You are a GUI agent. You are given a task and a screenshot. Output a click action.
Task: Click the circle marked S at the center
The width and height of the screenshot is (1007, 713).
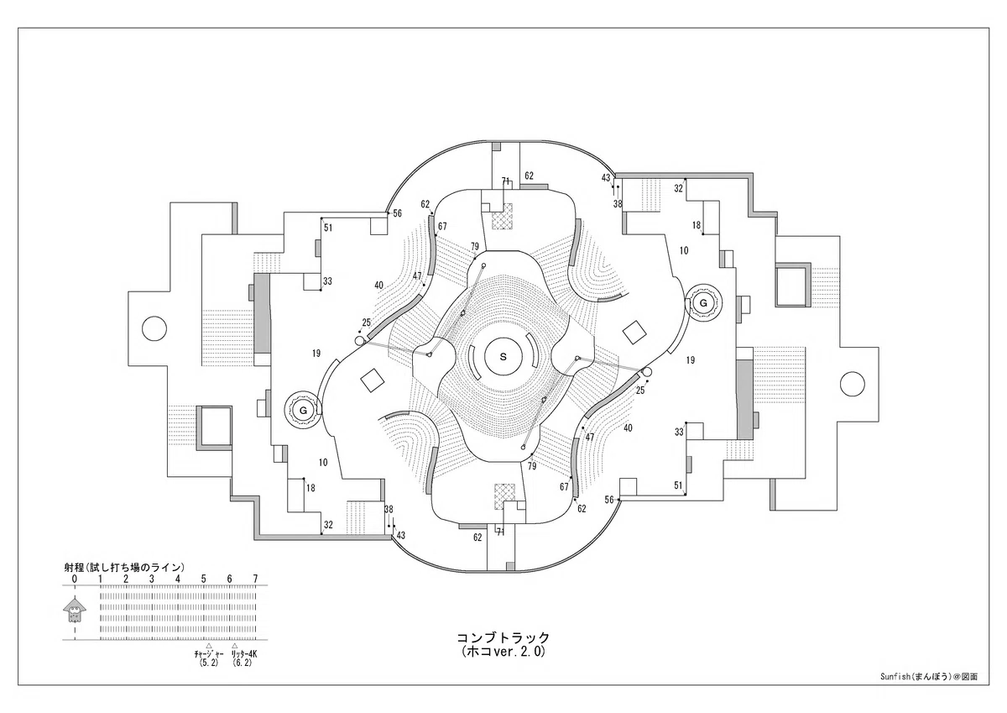503,357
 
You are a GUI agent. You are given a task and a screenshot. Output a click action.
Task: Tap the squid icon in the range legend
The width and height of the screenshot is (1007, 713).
74,610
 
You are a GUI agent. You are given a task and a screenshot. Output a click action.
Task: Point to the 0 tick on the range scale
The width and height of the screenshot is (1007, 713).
75,579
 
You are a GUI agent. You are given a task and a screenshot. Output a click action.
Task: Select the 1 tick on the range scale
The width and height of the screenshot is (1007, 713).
100,579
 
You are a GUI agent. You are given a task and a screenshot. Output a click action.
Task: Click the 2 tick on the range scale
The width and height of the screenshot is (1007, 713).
126,579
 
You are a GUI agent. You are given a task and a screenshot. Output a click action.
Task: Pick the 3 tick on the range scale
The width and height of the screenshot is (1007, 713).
152,579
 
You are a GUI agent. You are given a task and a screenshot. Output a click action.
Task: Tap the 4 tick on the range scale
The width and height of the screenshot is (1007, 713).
178,579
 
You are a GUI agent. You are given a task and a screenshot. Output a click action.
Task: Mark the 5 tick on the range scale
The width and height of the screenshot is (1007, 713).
204,579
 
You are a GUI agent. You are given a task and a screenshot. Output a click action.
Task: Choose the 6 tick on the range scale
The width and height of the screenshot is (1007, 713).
230,579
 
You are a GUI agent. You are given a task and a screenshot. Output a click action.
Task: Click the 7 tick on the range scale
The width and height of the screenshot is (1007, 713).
255,579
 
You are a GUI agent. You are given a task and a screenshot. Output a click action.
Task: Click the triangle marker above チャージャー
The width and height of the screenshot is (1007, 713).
209,646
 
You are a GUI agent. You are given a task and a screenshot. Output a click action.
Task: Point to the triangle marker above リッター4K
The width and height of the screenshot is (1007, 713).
234,646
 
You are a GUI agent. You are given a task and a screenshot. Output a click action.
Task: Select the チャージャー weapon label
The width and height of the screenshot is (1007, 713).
209,654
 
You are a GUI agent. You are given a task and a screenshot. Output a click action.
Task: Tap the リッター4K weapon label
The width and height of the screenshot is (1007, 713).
243,654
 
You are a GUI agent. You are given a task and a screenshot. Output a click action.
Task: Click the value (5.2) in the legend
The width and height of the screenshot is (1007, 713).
209,663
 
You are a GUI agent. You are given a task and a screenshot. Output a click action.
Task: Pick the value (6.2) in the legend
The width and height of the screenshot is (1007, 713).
243,663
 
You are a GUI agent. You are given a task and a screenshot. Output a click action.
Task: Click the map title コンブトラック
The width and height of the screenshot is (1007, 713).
503,638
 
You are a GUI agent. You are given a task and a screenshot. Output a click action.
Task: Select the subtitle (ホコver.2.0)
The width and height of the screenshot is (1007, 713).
503,652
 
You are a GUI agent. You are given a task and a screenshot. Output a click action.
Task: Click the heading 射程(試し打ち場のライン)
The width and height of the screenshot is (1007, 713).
124,567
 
